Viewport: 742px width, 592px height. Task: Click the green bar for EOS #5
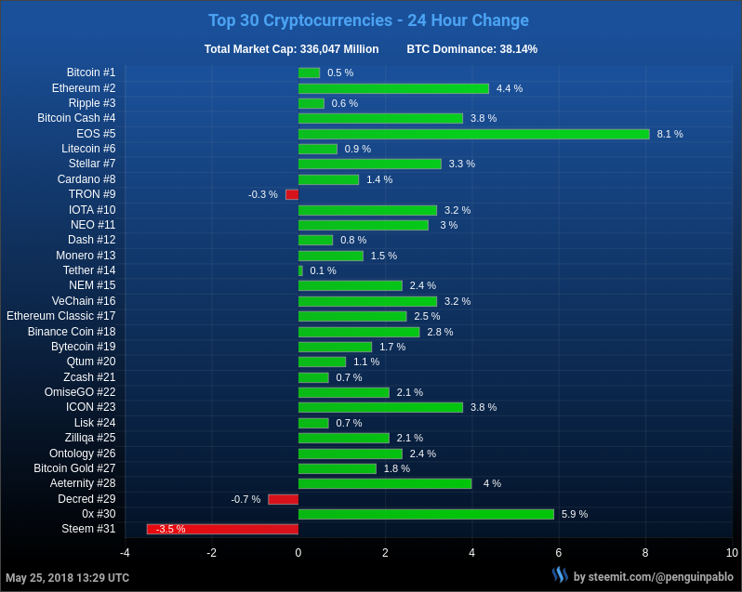pos(473,134)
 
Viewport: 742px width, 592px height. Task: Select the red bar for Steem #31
pos(222,529)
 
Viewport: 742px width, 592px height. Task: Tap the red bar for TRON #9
pos(292,194)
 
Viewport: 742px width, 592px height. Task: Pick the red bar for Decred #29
pos(283,499)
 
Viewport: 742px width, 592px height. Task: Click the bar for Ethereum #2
pos(393,88)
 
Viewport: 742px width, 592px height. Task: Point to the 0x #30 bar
pos(426,514)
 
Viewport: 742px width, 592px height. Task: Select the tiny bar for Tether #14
pos(300,270)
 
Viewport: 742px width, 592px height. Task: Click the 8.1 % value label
pos(669,134)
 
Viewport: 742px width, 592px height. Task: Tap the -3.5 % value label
pos(170,529)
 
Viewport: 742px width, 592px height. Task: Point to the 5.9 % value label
pos(575,514)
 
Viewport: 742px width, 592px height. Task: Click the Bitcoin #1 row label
pos(91,72)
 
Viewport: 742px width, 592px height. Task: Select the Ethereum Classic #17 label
pos(61,316)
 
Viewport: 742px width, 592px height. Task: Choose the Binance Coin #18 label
pos(72,332)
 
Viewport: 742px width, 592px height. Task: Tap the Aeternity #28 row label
pos(83,483)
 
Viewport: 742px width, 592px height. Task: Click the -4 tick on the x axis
pos(125,553)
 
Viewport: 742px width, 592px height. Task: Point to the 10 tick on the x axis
pos(732,553)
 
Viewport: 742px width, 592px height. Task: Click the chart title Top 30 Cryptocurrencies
pos(368,20)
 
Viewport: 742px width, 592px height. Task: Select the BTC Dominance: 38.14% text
pos(471,49)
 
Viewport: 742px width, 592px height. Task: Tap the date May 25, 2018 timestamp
pos(67,578)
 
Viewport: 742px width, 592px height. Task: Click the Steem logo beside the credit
pos(560,575)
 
